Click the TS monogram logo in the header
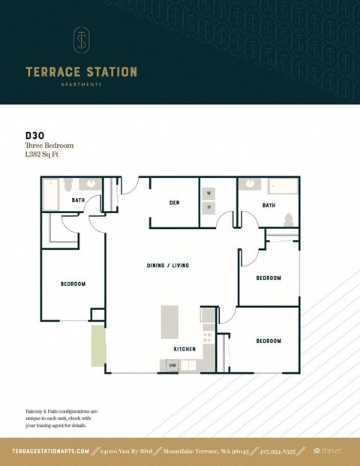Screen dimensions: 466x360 click(x=81, y=41)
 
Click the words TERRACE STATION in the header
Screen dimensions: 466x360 click(x=81, y=72)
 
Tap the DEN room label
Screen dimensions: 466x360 click(x=174, y=202)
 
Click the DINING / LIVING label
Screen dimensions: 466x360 click(x=167, y=266)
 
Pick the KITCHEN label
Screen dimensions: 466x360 click(x=184, y=349)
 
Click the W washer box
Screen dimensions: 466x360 click(x=208, y=194)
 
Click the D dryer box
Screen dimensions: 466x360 click(x=208, y=206)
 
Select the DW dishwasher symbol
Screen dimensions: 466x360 click(x=172, y=365)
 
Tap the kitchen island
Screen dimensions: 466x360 click(x=172, y=323)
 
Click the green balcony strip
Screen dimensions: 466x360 click(x=98, y=346)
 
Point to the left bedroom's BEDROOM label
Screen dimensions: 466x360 click(x=73, y=284)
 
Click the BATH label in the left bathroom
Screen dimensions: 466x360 click(x=78, y=200)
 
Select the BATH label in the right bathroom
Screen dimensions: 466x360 click(x=268, y=205)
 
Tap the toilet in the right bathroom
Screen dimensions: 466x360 click(x=287, y=218)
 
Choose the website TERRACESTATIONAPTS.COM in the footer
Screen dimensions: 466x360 click(x=51, y=450)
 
